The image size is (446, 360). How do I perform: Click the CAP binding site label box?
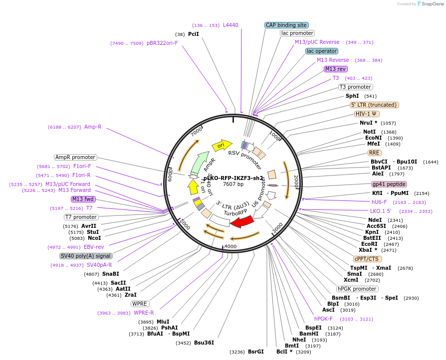point(286,25)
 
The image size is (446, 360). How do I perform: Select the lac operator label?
point(322,51)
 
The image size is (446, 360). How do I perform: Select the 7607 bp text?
point(233,184)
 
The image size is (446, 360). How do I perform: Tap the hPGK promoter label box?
point(357,289)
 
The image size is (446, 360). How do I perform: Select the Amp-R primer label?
point(93,127)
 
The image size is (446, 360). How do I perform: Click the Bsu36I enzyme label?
point(204,343)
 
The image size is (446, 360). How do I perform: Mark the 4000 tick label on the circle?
point(230,247)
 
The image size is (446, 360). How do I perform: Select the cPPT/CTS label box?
point(367,259)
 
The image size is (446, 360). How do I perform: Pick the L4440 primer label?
point(230,25)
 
